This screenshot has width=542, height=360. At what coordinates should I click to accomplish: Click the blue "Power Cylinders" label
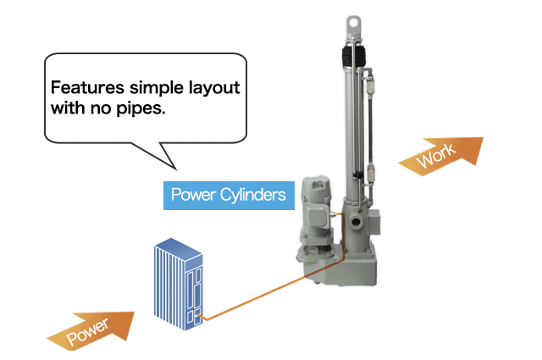pyautogui.click(x=228, y=195)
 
